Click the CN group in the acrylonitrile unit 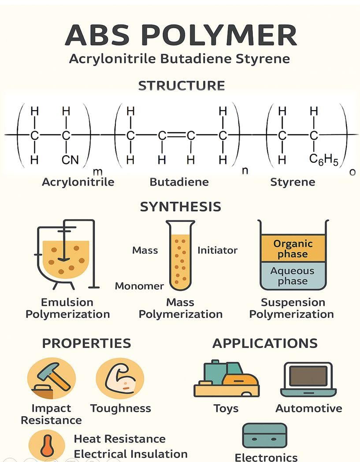coord(70,160)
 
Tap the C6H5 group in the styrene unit coord(323,160)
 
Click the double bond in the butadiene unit coord(176,135)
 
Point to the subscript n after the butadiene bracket coord(245,170)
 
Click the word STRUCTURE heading coord(182,86)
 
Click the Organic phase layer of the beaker coord(293,248)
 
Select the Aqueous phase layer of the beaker coord(293,276)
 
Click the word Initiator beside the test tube coord(217,250)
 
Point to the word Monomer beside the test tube coord(139,286)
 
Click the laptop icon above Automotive coord(308,380)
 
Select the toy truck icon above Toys coord(226,379)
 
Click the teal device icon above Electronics coord(264,436)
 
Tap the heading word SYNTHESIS coord(181,207)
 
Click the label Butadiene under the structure coord(179,182)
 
